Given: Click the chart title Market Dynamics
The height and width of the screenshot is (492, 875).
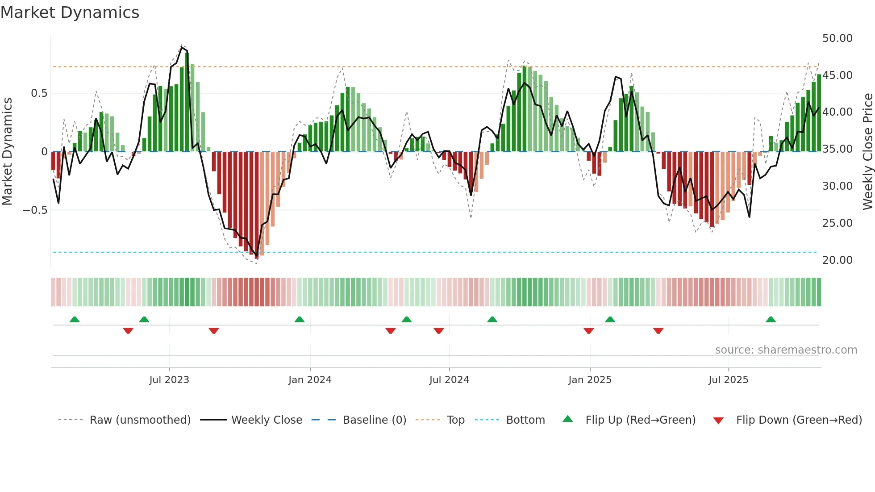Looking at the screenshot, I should tap(70, 13).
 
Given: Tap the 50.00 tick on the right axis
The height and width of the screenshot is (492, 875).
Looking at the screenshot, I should tap(837, 38).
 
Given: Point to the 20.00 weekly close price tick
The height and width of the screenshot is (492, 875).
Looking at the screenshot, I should tap(837, 260).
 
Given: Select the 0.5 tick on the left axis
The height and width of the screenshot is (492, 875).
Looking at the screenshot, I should tap(39, 93).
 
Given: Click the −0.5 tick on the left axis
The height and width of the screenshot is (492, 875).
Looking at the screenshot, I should tap(35, 210).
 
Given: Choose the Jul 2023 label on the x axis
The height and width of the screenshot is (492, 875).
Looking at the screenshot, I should tap(169, 380).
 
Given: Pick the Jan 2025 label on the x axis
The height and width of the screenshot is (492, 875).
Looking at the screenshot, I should tap(590, 380).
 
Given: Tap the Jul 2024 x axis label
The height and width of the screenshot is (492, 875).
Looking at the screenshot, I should tap(449, 380).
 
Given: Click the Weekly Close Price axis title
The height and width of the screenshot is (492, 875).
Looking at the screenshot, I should tap(867, 151).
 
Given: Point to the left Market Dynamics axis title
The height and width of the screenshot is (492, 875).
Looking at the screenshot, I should tap(7, 151).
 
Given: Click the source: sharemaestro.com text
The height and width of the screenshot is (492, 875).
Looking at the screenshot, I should tap(786, 350).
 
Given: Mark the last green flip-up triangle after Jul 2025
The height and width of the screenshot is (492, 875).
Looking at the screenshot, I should tap(771, 319).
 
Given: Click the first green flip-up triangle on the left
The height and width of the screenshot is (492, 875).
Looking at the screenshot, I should tap(75, 319).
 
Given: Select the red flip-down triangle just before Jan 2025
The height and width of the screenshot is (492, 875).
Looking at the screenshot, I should tap(588, 330).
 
